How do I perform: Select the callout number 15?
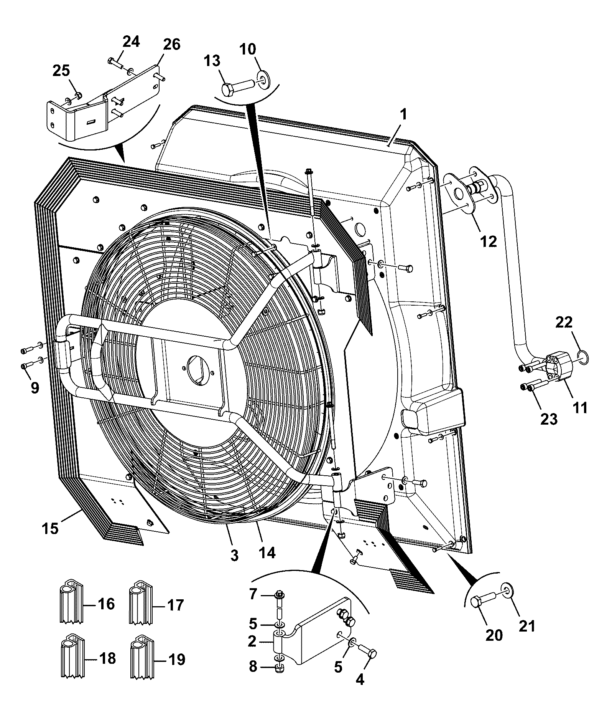pyautogui.click(x=51, y=528)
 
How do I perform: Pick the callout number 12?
pyautogui.click(x=489, y=241)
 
